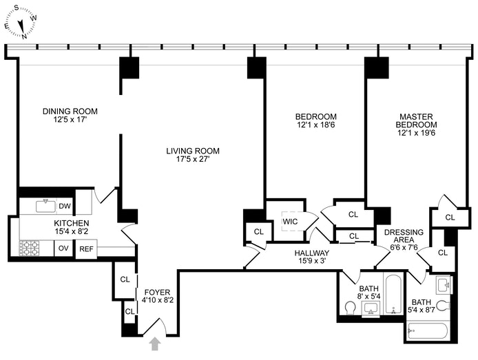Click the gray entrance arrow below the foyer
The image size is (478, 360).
155,343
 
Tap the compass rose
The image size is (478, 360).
21,23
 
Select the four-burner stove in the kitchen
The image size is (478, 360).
29,248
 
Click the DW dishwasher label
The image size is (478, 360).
65,207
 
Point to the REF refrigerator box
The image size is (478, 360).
86,248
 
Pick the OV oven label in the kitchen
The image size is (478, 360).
63,248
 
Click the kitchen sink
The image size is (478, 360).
46,207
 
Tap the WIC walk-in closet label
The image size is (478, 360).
290,222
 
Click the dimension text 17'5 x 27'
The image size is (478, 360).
193,159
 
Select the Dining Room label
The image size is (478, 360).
70,112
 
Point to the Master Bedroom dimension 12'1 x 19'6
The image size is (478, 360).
416,133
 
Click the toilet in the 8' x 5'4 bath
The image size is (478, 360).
351,308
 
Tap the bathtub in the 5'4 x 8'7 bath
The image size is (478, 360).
428,332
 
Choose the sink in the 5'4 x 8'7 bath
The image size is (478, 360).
443,285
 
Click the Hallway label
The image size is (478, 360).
312,253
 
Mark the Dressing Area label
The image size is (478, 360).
404,236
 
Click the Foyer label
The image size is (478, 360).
157,292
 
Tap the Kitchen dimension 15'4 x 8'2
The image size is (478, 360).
72,231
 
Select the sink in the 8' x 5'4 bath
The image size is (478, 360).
371,309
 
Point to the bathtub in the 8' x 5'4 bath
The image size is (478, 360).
394,294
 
